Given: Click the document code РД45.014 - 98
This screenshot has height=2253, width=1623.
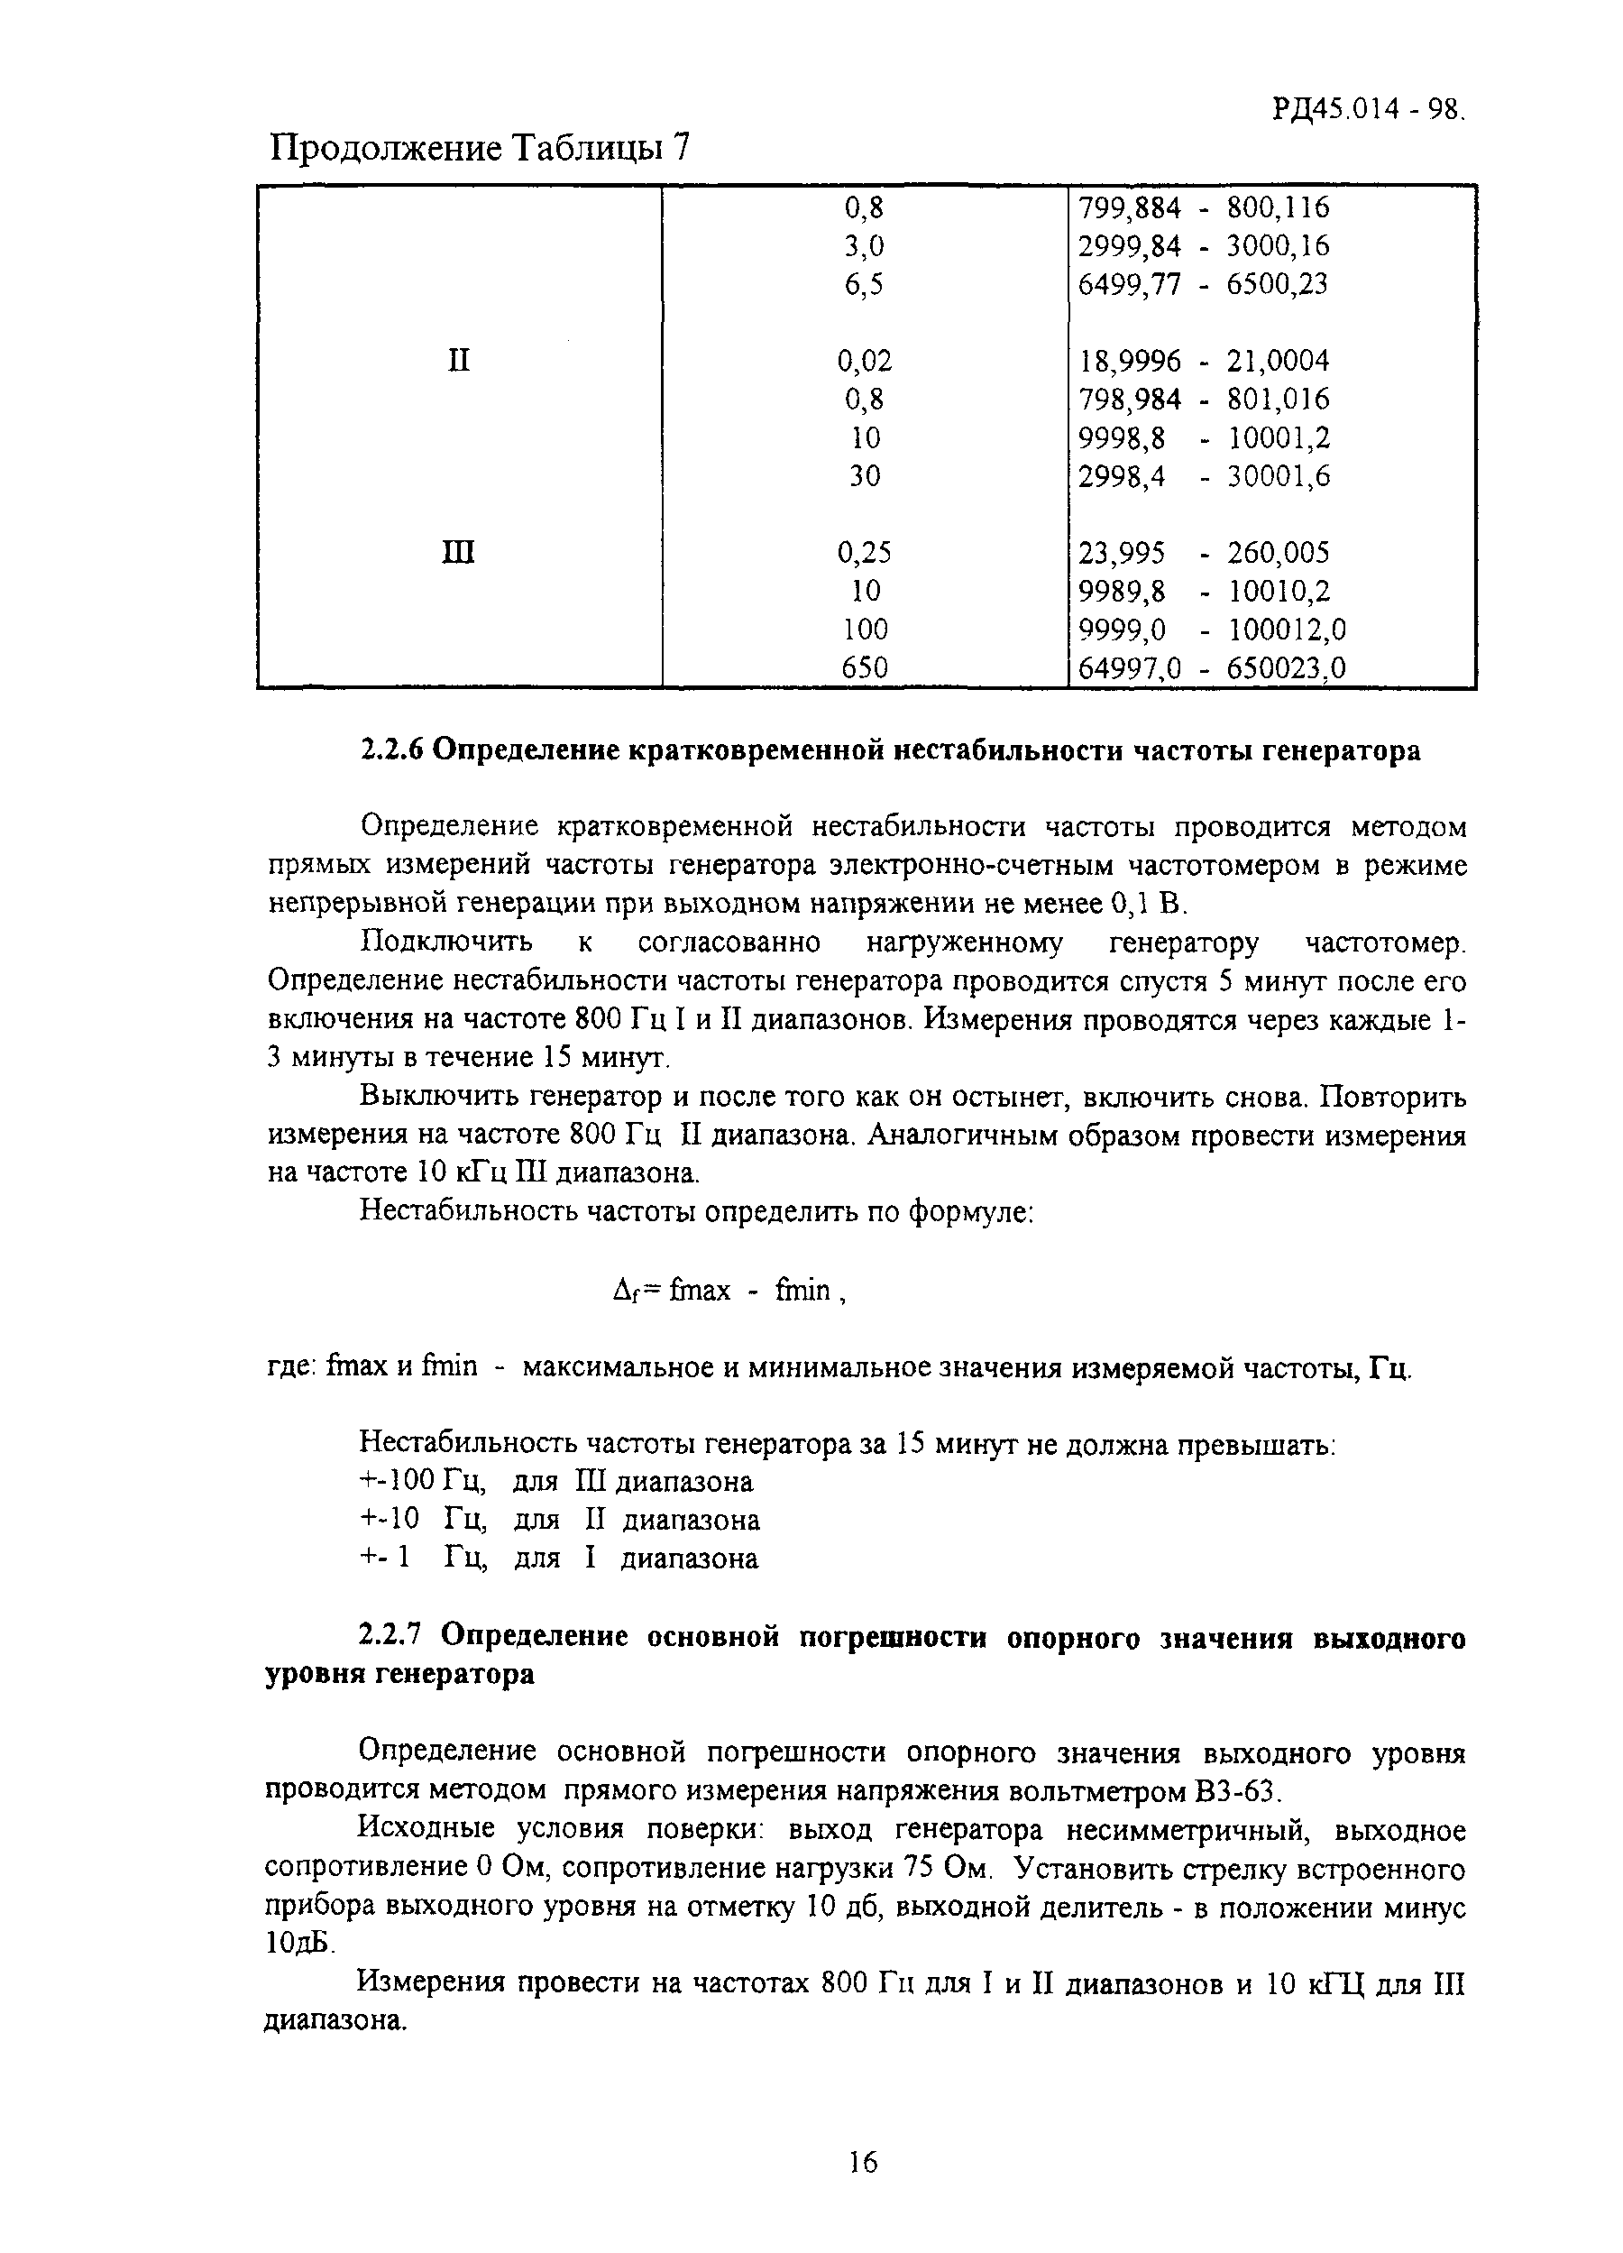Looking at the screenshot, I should pos(1369,108).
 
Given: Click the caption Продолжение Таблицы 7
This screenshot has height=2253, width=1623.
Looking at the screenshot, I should pos(480,150).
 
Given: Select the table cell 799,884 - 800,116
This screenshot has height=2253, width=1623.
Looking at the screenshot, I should pos(1203,208).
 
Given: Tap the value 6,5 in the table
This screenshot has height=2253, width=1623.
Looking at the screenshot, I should pos(863,285).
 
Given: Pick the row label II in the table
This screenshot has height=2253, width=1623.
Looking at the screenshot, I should pos(458,360).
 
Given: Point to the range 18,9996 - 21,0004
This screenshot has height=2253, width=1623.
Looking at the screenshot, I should pos(1203,360).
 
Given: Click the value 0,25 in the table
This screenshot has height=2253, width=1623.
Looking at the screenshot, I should pos(863,552).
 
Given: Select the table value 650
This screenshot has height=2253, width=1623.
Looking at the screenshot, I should pos(863,667).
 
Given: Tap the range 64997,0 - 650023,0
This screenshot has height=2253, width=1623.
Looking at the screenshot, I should pos(1212,667).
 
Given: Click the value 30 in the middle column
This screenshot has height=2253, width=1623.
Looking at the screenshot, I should pos(863,477).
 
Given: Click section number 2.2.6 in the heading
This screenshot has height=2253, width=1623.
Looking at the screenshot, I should pos(391,751).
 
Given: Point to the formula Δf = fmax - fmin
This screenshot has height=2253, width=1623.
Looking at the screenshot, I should pos(730,1291).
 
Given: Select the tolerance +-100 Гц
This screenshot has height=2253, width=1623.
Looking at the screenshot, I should pos(421,1482).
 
